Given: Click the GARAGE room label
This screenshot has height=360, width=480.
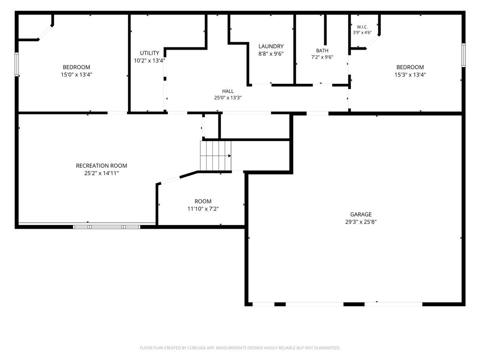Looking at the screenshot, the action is click(361, 215).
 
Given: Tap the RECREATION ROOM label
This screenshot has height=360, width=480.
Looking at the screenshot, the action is click(101, 165).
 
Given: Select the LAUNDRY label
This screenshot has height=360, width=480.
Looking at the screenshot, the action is click(271, 46).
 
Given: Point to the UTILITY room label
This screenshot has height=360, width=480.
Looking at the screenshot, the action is click(150, 53).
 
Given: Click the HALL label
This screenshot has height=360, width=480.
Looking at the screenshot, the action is click(228, 91).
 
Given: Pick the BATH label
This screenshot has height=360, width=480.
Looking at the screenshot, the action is click(322, 51).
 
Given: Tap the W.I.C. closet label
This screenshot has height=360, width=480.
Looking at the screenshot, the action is click(362, 27).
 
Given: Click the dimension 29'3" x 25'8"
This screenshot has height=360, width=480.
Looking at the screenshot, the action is click(361, 222).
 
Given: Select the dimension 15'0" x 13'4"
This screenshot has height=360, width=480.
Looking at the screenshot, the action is click(76, 75).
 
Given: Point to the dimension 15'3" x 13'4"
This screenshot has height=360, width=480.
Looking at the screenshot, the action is click(410, 75).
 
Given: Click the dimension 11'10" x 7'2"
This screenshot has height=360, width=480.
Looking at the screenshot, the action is click(203, 209).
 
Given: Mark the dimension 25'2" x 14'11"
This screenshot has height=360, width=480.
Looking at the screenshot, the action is click(102, 173).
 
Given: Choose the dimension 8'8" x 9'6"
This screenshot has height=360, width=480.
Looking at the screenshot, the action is click(271, 54).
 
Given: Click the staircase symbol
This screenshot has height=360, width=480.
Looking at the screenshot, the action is click(216, 156).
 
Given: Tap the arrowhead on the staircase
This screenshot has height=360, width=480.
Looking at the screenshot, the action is click(230, 156).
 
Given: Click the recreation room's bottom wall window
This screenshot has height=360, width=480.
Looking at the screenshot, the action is click(106, 227).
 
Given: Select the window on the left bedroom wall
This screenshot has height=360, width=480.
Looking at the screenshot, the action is click(17, 64).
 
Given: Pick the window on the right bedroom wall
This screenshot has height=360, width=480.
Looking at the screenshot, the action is click(464, 55).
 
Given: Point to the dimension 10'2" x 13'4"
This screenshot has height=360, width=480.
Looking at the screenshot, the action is click(150, 60).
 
